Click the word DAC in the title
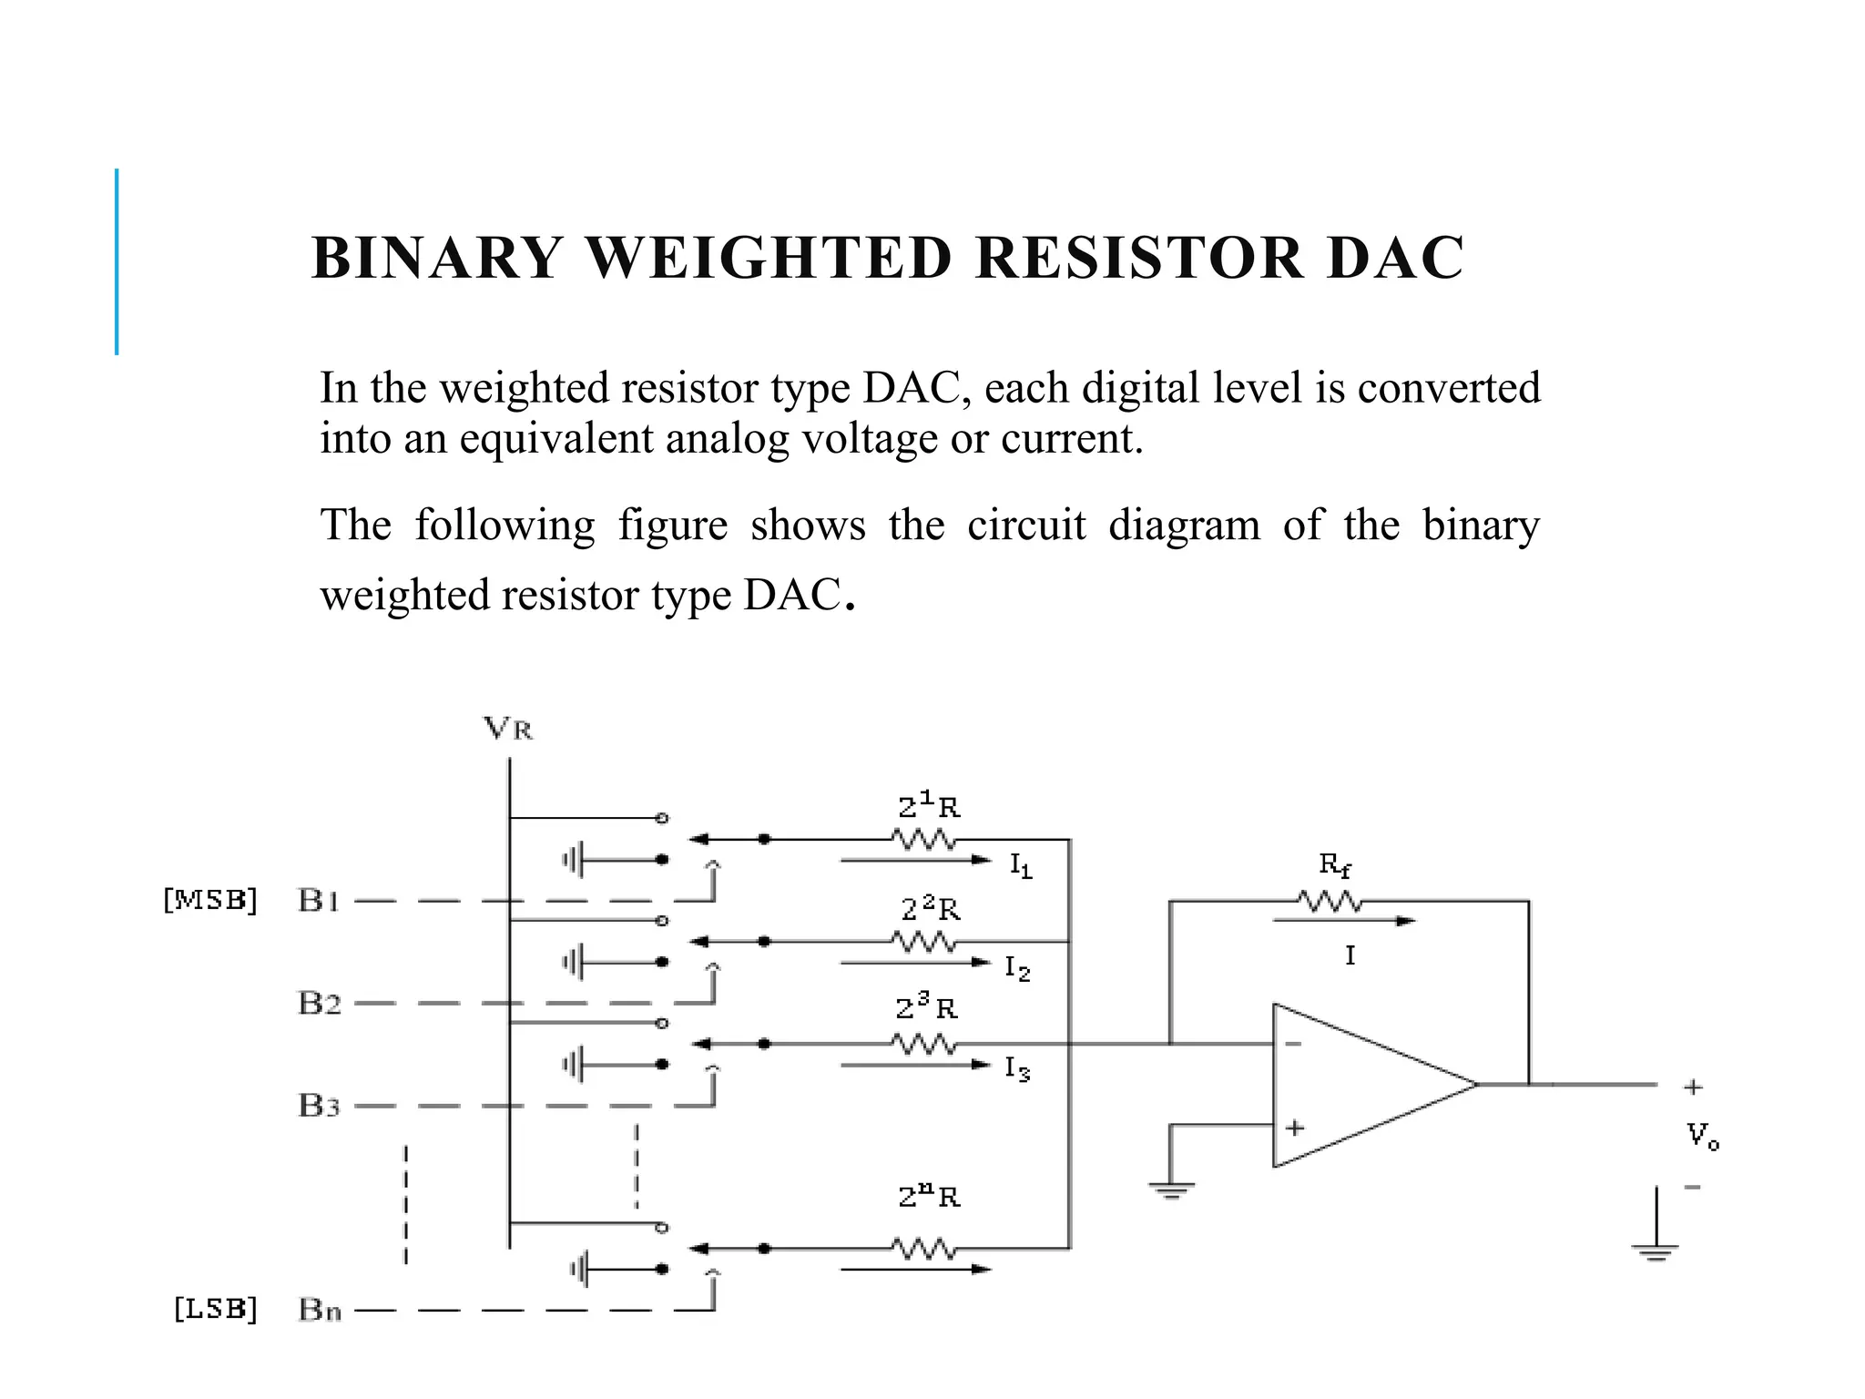pyautogui.click(x=1395, y=258)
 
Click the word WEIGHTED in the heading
pyautogui.click(x=769, y=258)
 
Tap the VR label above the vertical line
pyautogui.click(x=508, y=729)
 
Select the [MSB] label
pyautogui.click(x=210, y=900)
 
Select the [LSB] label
pyautogui.click(x=216, y=1309)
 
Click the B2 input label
pyautogui.click(x=320, y=1003)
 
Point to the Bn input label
pyautogui.click(x=320, y=1311)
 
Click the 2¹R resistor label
pyautogui.click(x=929, y=806)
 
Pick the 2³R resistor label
pyautogui.click(x=926, y=1008)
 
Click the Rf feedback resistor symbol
pyautogui.click(x=1330, y=902)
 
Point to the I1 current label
pyautogui.click(x=1021, y=865)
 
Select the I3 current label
pyautogui.click(x=1017, y=1068)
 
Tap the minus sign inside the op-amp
pyautogui.click(x=1294, y=1044)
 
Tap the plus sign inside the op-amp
pyautogui.click(x=1294, y=1128)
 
